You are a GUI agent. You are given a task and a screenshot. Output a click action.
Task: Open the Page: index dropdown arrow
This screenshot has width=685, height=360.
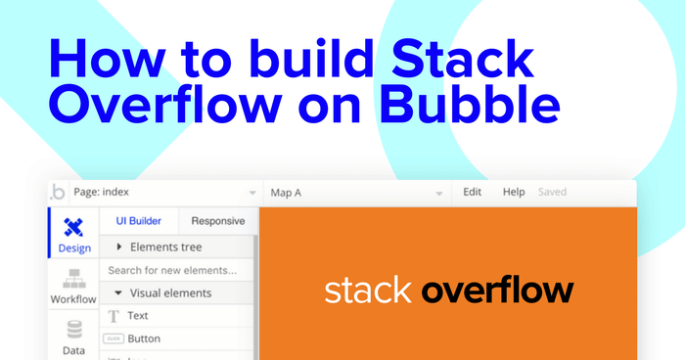point(252,193)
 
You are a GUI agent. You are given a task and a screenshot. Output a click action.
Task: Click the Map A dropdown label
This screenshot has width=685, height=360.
point(286,193)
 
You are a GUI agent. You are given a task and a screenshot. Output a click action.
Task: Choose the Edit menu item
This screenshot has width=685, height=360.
point(473,192)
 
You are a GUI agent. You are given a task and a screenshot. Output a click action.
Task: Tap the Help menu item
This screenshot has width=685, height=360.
point(514,192)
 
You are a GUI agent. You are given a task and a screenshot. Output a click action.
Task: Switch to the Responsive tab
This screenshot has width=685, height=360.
point(217,221)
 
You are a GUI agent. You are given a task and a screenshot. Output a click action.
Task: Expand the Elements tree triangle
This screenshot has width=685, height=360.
point(119,247)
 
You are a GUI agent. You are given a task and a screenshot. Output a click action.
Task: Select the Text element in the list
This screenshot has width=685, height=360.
point(138,316)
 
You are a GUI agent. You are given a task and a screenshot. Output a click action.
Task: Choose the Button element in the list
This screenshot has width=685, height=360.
point(144,338)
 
